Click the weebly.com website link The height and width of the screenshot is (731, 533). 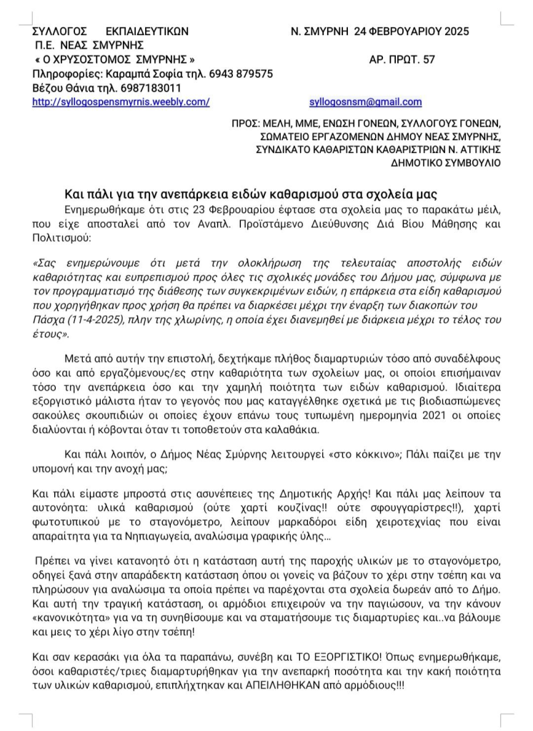click(121, 102)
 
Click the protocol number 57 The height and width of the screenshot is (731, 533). click(428, 59)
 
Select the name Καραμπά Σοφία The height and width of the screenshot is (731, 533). click(134, 74)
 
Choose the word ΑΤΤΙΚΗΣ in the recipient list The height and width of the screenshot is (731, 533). click(479, 149)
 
